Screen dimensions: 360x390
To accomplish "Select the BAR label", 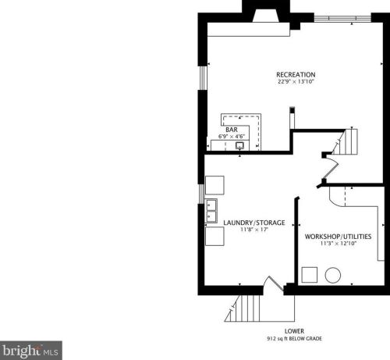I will [232, 129].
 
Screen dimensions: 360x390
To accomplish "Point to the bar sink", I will [241, 144].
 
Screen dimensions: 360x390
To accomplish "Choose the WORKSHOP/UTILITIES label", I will [338, 236].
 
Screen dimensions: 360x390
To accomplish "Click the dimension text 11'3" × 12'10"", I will [338, 244].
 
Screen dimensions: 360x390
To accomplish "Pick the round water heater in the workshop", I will [334, 276].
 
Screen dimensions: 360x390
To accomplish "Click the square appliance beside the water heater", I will [310, 276].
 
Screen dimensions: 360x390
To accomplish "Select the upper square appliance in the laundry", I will [214, 185].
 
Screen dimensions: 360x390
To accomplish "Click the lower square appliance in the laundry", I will [214, 235].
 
